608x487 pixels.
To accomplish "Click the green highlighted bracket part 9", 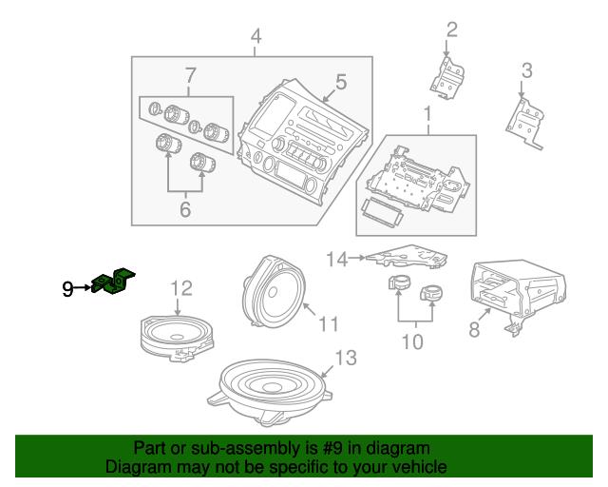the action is click(113, 282).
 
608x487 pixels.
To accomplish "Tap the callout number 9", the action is click(67, 289).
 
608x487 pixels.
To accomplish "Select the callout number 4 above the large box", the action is click(256, 36).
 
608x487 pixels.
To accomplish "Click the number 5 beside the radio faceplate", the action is click(341, 83).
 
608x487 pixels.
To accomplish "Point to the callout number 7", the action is click(190, 76).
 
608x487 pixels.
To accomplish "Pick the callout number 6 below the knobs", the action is click(185, 209).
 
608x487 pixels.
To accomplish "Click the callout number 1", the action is click(427, 114).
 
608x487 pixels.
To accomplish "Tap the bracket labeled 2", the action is click(447, 78).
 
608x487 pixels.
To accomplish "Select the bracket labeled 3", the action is click(525, 123).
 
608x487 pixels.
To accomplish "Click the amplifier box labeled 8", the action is click(518, 295).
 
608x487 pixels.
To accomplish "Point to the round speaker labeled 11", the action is click(274, 291).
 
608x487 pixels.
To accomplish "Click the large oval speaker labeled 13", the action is click(269, 392).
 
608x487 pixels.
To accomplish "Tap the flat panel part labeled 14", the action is click(408, 256).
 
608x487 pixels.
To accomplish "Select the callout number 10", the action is click(412, 342).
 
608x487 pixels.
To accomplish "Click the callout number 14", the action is click(336, 260).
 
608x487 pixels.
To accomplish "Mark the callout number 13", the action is click(346, 358).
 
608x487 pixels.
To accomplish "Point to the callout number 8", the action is click(474, 330).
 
